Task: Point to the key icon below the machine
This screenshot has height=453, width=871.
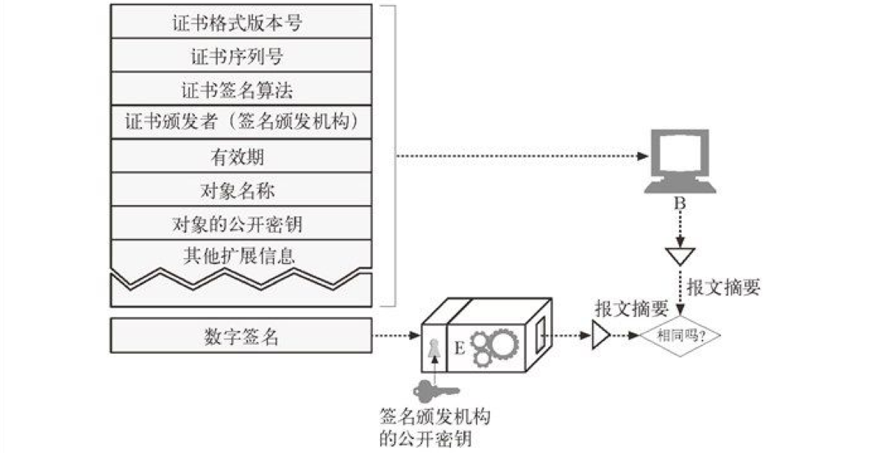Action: tap(434, 388)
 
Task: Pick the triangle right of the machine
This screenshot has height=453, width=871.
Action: tap(600, 337)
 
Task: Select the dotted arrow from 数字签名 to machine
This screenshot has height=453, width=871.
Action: tap(397, 337)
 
